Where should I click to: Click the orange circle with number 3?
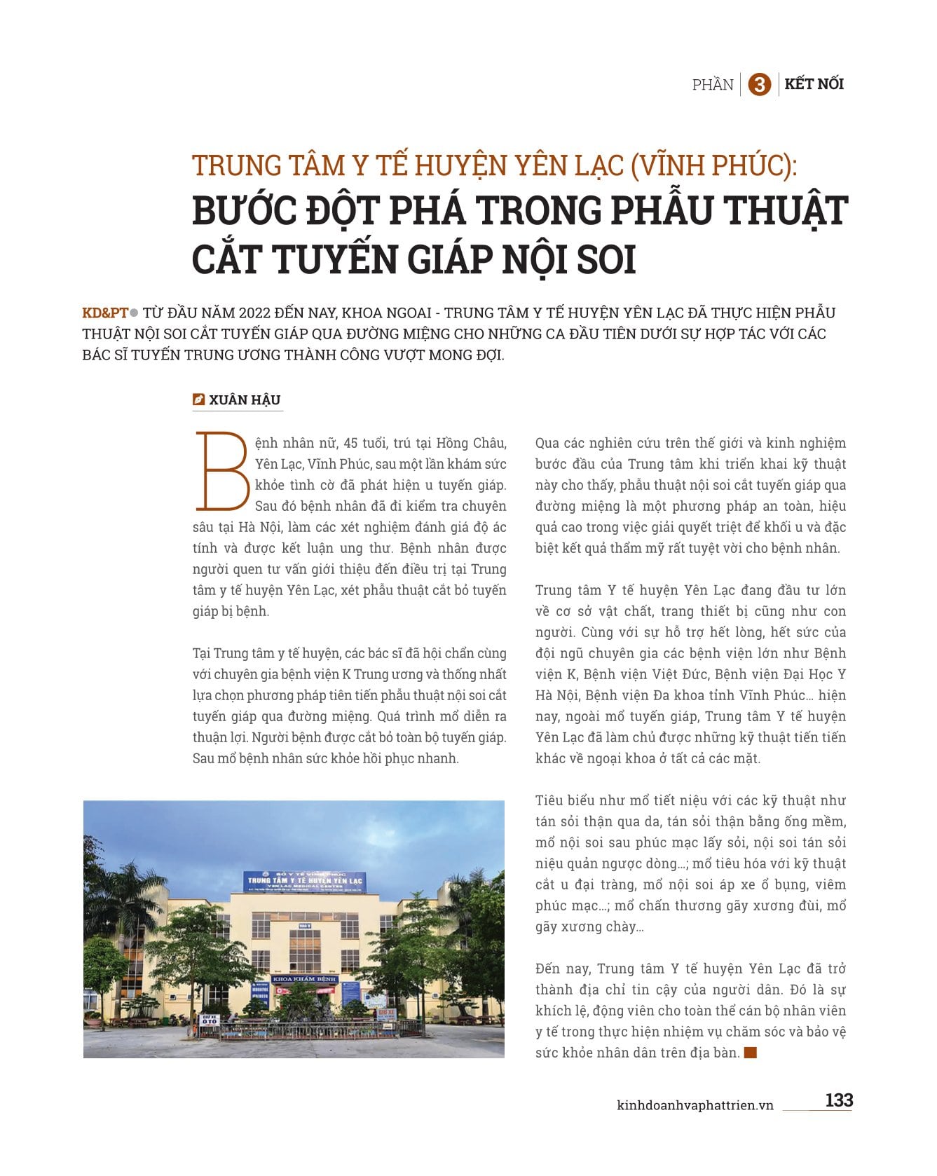[759, 85]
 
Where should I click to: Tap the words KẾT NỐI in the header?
[814, 84]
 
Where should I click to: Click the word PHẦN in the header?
[713, 85]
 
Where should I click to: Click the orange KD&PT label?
[105, 313]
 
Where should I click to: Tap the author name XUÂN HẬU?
[245, 400]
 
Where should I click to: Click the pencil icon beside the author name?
[198, 399]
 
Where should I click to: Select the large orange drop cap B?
[221, 471]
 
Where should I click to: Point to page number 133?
[838, 1100]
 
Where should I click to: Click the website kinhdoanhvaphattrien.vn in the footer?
[695, 1105]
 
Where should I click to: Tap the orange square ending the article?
[751, 1053]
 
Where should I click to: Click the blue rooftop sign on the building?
[303, 881]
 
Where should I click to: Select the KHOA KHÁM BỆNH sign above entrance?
[304, 978]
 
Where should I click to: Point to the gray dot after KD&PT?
[135, 313]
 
